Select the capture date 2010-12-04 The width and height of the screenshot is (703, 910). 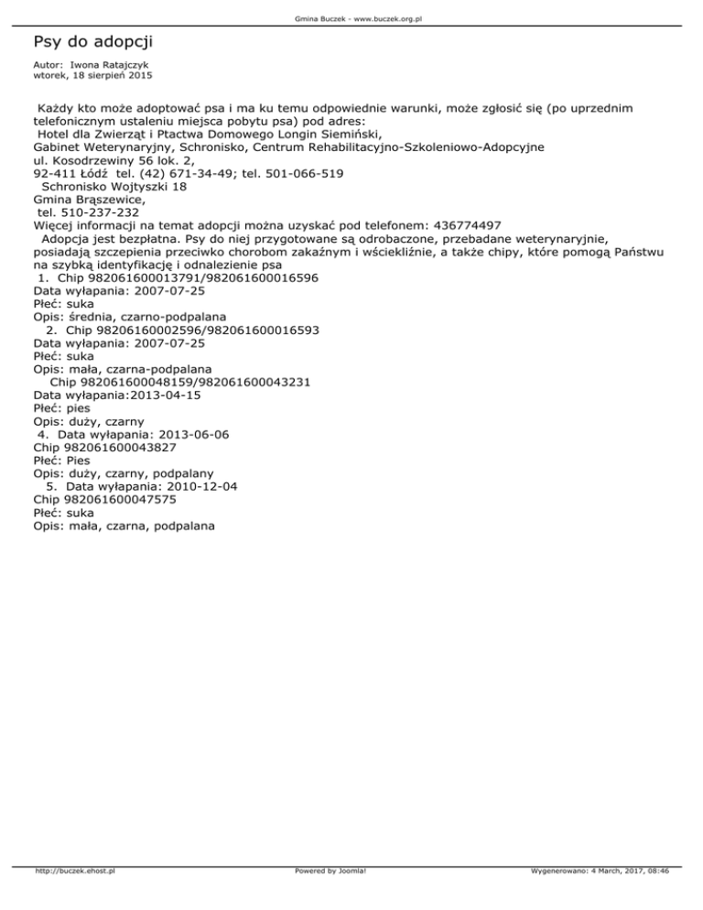click(207, 488)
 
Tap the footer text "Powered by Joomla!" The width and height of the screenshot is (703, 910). click(330, 896)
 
